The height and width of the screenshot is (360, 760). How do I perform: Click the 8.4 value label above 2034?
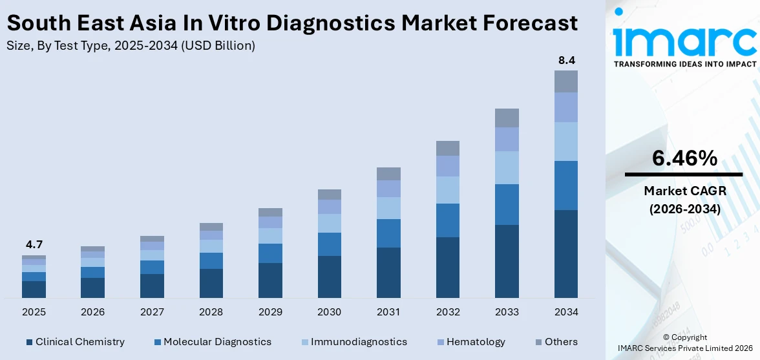coord(566,60)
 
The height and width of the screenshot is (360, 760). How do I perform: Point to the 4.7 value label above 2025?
coord(34,244)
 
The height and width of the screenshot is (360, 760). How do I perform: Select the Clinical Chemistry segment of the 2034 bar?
coord(566,253)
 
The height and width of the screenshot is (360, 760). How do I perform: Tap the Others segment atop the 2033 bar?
coord(507,118)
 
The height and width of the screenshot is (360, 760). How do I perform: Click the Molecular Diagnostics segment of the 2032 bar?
coord(448,220)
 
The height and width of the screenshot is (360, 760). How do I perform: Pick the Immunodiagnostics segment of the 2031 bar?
coord(388,208)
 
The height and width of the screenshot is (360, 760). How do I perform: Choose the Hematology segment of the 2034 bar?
coord(566,107)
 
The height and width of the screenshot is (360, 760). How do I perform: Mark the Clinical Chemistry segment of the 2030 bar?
coord(329,277)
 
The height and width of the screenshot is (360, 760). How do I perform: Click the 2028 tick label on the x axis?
coord(211,312)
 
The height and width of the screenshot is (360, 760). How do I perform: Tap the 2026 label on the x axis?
coord(92,312)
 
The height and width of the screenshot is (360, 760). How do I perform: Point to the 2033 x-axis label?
coord(507,312)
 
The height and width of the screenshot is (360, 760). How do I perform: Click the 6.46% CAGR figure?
coord(684,158)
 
